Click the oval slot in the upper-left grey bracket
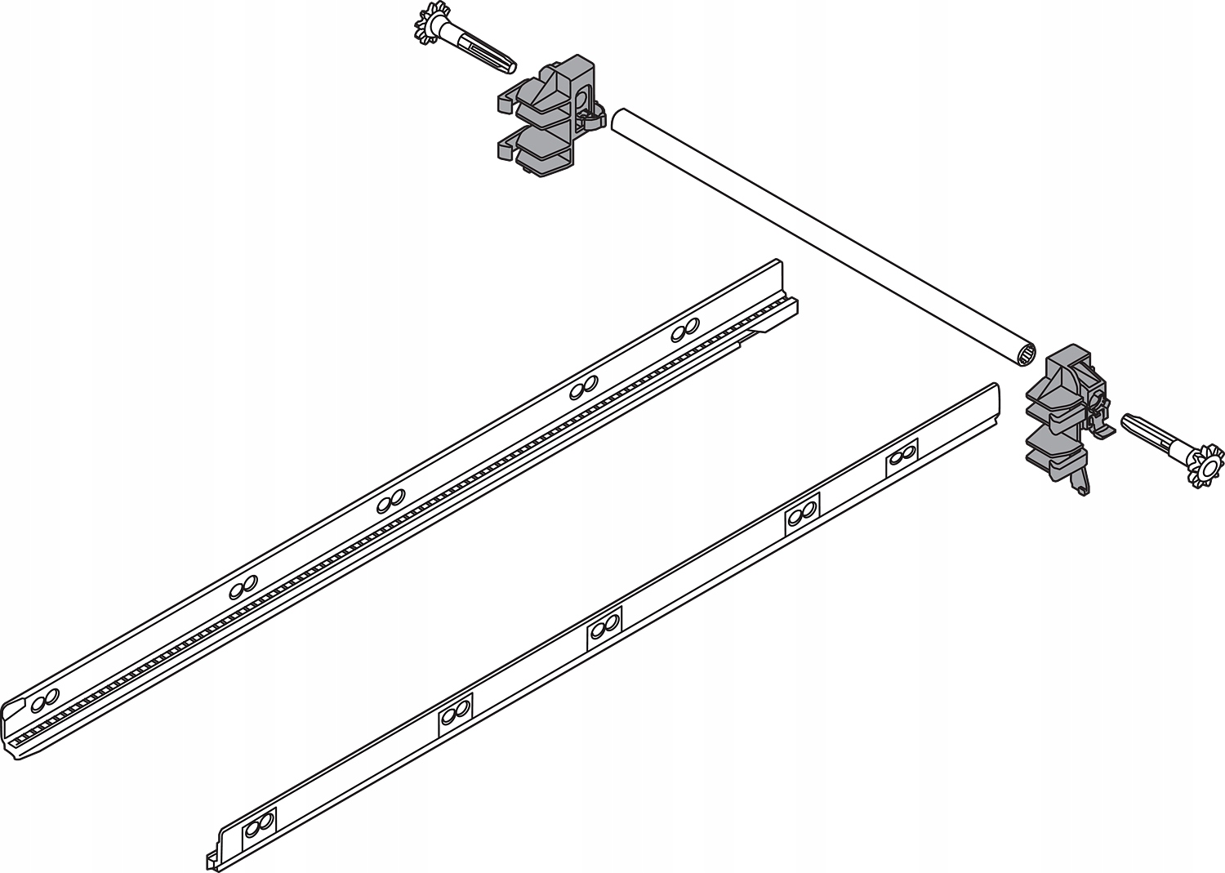point(581,101)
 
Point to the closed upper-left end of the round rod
point(619,119)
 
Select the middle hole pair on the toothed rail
point(391,499)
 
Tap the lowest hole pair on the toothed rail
point(45,698)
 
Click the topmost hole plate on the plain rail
point(902,456)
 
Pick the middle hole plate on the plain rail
point(604,628)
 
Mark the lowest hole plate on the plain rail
point(261,826)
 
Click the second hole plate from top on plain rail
point(803,514)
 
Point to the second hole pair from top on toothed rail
point(581,388)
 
